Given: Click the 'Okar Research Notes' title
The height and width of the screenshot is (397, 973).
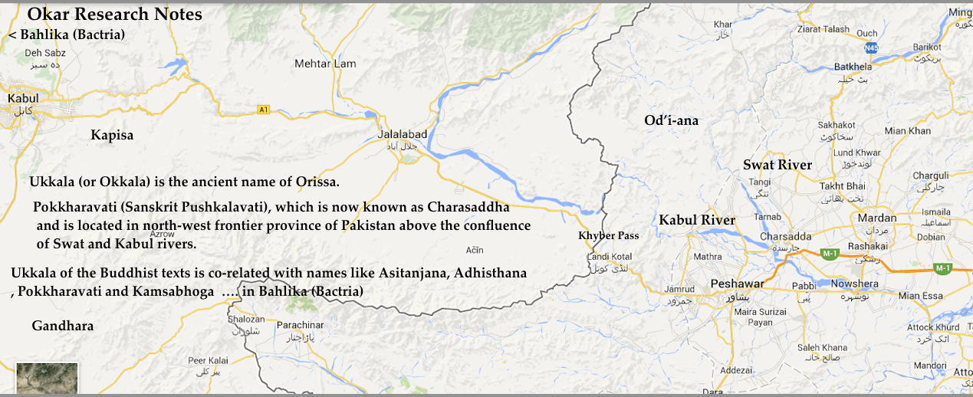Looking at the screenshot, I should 115,15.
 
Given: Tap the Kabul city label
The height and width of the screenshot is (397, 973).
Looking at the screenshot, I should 23,98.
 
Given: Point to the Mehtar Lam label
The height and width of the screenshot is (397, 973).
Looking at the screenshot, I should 325,64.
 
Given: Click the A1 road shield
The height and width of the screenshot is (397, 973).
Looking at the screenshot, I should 264,110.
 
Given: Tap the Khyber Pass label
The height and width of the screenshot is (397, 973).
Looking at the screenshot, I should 608,235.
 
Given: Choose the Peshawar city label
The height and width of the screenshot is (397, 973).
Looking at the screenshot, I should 737,284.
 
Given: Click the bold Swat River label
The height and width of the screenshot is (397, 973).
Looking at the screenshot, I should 777,165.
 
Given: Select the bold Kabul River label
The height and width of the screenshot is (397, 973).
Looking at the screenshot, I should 697,220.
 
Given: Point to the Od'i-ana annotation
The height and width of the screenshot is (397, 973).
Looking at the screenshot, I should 671,120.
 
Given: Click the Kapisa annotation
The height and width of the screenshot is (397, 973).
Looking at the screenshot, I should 112,136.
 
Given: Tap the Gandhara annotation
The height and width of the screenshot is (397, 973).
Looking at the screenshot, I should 63,326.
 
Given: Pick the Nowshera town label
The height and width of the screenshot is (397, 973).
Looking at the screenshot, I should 854,284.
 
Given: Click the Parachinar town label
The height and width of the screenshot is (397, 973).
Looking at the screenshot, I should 301,325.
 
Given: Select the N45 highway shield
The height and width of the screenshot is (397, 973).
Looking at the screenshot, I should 870,48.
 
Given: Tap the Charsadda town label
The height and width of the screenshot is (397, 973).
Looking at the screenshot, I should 781,236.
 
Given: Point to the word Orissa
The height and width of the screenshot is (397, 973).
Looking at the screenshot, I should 314,182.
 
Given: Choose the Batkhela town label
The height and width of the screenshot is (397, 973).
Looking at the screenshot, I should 853,67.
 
